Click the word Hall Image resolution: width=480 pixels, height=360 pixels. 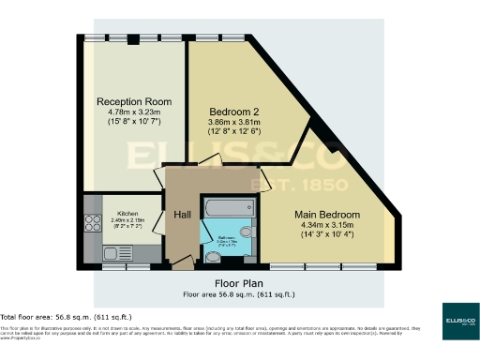183,216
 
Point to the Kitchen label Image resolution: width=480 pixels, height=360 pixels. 115,211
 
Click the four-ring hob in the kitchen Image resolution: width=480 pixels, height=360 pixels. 94,224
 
